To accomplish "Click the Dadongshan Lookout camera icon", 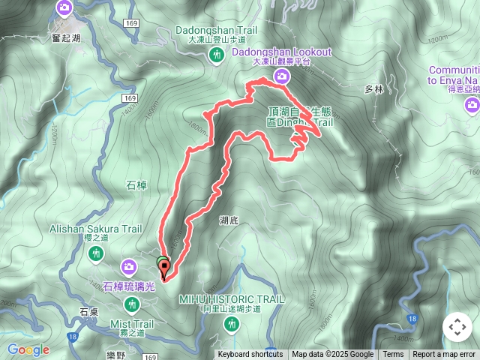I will [281, 76].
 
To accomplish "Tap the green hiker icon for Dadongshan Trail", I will [217, 54].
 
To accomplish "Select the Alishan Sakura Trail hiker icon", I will [96, 253].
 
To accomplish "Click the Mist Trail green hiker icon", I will [133, 304].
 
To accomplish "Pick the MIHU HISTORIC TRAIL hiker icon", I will [231, 323].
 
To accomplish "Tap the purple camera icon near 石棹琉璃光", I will [129, 266].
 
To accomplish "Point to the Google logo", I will [28, 349].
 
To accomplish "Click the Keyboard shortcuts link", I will [250, 355].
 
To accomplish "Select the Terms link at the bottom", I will [393, 355].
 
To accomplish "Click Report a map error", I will [444, 355].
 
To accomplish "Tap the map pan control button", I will [457, 327].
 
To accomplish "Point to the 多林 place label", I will [373, 89].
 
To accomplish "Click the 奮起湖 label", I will [65, 37].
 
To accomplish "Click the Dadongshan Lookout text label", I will [281, 52].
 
